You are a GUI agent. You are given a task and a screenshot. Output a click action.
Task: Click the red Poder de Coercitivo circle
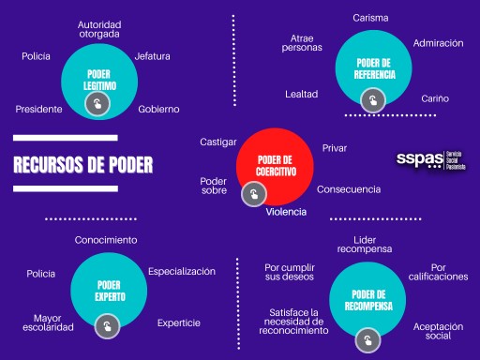click(x=276, y=165)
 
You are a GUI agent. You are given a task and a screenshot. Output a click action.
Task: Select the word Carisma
click(x=370, y=17)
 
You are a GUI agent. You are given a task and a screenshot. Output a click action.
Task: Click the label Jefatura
click(x=152, y=56)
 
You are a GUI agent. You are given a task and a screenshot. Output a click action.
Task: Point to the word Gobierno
click(x=158, y=109)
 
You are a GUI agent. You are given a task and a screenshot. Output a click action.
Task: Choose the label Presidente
click(x=39, y=109)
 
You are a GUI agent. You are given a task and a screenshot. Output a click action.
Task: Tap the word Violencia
click(x=286, y=212)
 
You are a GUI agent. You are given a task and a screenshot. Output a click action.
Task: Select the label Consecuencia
click(x=349, y=189)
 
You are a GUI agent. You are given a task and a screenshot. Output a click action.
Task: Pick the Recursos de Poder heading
click(x=82, y=166)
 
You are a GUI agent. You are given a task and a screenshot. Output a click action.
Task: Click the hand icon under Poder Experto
click(x=108, y=326)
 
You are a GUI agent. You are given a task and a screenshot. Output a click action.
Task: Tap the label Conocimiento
click(x=106, y=240)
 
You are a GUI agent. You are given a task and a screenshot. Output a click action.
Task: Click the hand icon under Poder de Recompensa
click(x=368, y=337)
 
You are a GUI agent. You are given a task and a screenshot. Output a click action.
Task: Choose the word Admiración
click(x=437, y=43)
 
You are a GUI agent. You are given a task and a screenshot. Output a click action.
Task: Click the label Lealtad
click(x=302, y=94)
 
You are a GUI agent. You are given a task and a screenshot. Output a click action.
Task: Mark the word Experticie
click(x=179, y=322)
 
